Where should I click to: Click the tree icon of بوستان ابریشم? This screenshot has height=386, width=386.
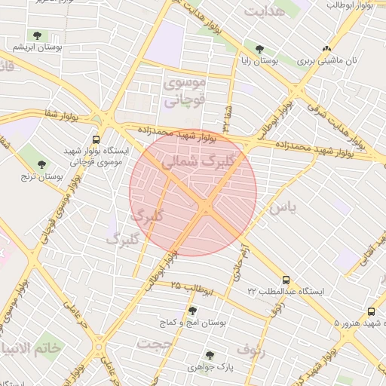[x=37, y=35]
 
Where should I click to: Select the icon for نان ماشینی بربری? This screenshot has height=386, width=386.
[x=326, y=47]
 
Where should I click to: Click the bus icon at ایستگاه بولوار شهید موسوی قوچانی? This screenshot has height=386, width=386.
[x=96, y=139]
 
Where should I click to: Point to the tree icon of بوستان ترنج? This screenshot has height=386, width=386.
[x=41, y=164]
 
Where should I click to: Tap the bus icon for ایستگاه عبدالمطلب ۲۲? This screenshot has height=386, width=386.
[x=286, y=279]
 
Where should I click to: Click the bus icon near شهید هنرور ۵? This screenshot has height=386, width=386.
[x=371, y=311]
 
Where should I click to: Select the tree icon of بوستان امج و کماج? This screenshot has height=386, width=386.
[x=192, y=311]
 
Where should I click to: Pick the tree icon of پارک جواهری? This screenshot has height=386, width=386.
[x=210, y=354]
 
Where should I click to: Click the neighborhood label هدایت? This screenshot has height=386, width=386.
[x=265, y=11]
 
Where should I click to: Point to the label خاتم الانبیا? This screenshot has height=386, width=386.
[x=32, y=348]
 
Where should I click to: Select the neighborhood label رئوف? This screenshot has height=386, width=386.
[x=252, y=349]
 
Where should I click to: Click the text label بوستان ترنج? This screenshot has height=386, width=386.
[x=42, y=177]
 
